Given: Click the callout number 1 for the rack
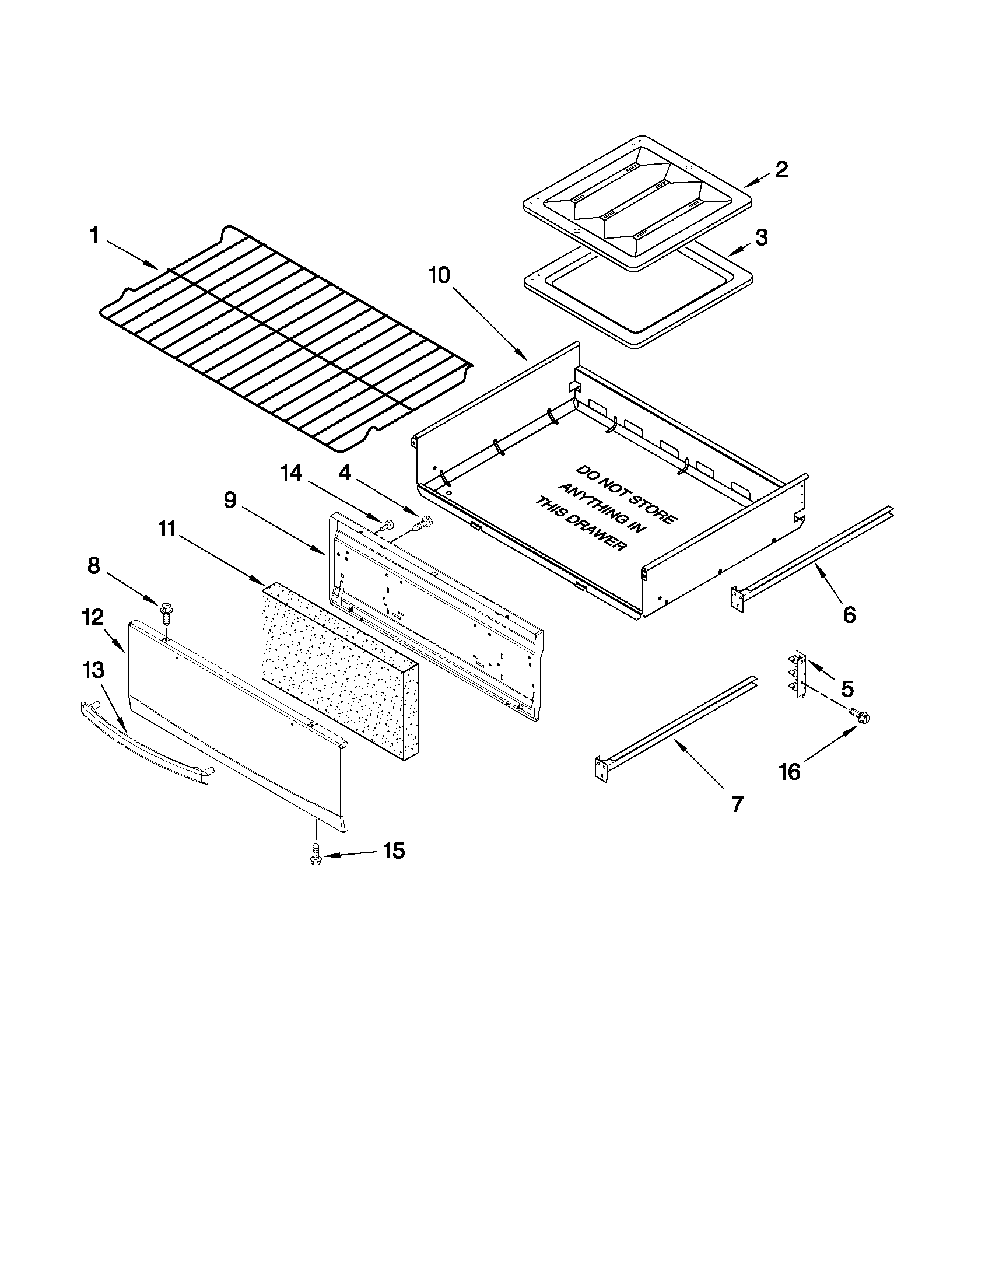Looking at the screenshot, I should point(94,236).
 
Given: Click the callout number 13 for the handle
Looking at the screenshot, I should point(94,670).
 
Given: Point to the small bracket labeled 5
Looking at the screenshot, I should point(798,674).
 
